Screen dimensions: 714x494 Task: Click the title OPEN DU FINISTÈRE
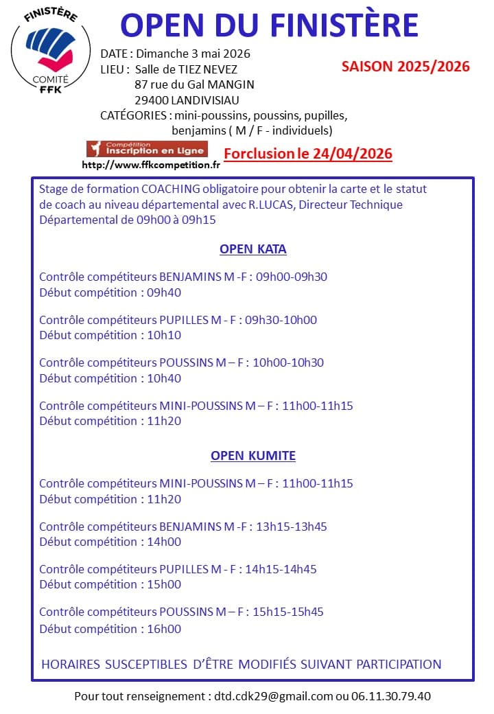tap(270, 25)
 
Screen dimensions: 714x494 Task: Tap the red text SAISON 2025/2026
tap(405, 67)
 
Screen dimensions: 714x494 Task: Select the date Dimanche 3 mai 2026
tap(193, 54)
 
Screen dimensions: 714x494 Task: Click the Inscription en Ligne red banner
tap(146, 149)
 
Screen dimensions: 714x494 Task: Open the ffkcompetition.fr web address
tap(151, 165)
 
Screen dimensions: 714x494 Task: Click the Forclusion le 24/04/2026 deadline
tap(308, 153)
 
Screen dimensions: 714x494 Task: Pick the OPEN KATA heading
tap(252, 249)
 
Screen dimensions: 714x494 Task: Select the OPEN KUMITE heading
tap(252, 456)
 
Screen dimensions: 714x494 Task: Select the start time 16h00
tap(164, 629)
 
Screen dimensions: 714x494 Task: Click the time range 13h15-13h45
tap(291, 527)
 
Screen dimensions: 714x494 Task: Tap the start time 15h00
tap(164, 584)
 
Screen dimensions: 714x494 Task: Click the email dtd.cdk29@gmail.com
tap(272, 696)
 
